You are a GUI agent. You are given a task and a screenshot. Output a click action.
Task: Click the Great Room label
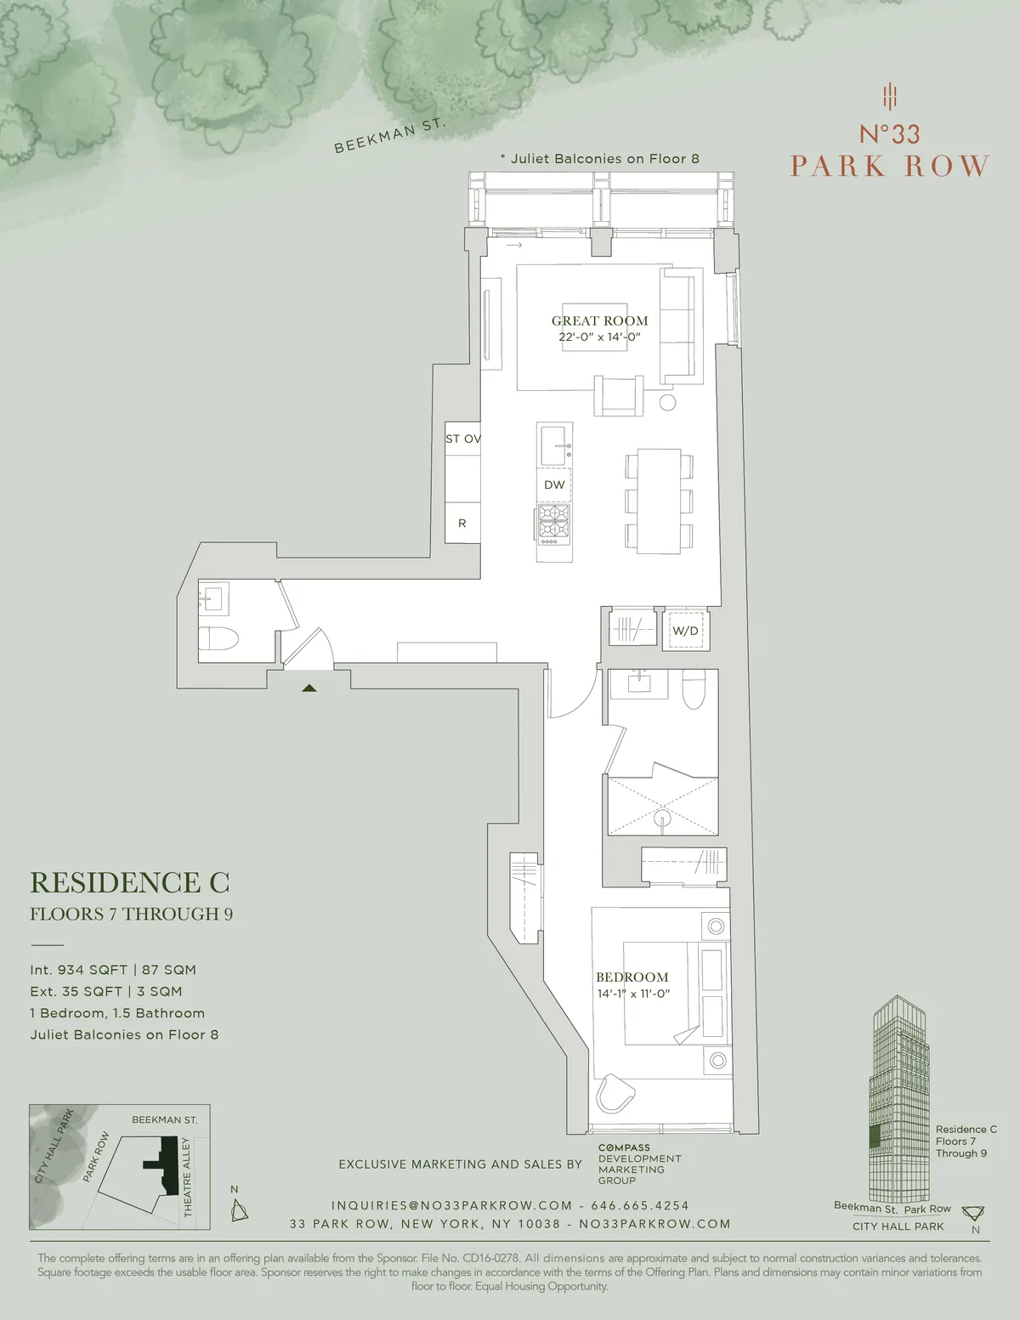[599, 320]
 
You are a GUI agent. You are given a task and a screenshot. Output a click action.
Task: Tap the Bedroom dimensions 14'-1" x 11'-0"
[633, 994]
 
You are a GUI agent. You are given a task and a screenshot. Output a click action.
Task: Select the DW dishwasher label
[554, 484]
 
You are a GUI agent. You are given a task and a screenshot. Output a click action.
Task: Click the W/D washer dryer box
[685, 631]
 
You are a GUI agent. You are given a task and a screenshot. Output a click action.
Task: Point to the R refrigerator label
[462, 524]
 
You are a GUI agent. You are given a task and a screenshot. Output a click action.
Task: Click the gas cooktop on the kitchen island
[554, 520]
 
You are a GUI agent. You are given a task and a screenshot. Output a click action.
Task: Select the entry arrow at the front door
[309, 688]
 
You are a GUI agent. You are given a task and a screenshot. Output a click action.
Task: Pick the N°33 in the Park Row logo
[889, 134]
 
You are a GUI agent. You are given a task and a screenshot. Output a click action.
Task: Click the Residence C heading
[130, 883]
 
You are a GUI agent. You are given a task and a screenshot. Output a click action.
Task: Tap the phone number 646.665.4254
[640, 1205]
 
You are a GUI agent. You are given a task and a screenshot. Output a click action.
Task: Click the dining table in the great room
[660, 501]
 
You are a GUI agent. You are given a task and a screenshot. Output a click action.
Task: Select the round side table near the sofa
[667, 403]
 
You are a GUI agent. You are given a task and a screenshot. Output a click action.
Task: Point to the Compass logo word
[624, 1147]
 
